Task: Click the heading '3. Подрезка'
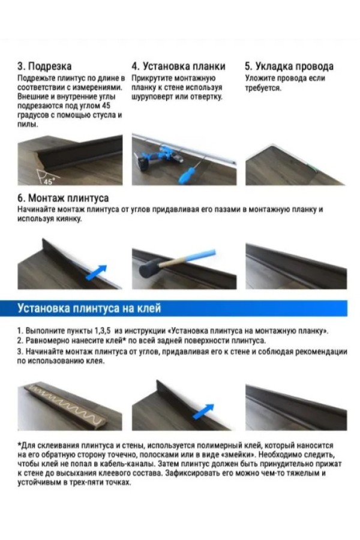pos(44,66)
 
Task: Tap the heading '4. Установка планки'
pos(178,66)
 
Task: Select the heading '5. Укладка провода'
pos(289,66)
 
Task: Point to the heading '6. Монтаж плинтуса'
pos(63,198)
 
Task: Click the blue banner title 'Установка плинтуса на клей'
pos(89,308)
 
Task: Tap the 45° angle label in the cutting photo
pos(49,181)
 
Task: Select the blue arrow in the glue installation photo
pos(203,412)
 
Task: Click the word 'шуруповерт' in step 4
pos(152,97)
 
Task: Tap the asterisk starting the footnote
pos(19,445)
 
